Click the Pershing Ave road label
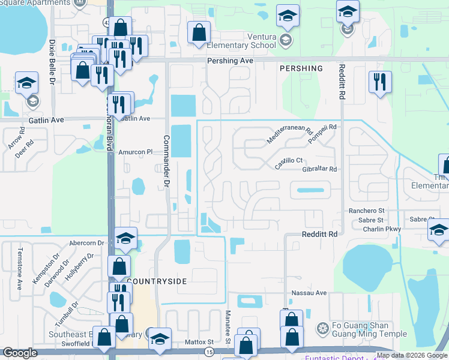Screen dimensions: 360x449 (x=231, y=61)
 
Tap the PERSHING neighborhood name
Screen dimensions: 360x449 (x=301, y=68)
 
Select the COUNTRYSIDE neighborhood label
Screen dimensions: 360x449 (x=157, y=281)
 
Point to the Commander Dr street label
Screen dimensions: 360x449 (x=167, y=161)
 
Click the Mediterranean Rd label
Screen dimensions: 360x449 (x=291, y=136)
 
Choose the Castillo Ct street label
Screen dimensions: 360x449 (x=289, y=161)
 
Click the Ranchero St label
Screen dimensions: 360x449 (x=367, y=211)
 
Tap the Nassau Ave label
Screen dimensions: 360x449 (x=309, y=293)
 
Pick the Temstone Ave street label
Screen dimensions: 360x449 (x=20, y=265)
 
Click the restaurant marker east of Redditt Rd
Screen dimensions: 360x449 (x=380, y=82)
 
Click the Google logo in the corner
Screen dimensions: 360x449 (x=20, y=353)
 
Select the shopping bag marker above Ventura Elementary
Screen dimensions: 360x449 (x=199, y=32)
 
